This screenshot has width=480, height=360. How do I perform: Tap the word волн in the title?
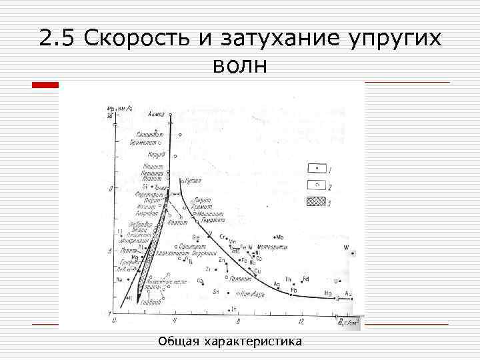pyautogui.click(x=239, y=66)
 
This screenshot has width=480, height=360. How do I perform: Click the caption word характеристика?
pyautogui.click(x=255, y=342)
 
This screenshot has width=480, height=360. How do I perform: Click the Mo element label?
pyautogui.click(x=279, y=236)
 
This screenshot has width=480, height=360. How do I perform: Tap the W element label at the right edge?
pyautogui.click(x=346, y=247)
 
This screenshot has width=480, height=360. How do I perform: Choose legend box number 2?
pyautogui.click(x=315, y=185)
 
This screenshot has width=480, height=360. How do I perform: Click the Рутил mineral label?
pyautogui.click(x=193, y=179)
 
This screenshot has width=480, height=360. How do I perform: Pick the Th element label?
pyautogui.click(x=287, y=279)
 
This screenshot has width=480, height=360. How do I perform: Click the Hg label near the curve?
pyautogui.click(x=327, y=293)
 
